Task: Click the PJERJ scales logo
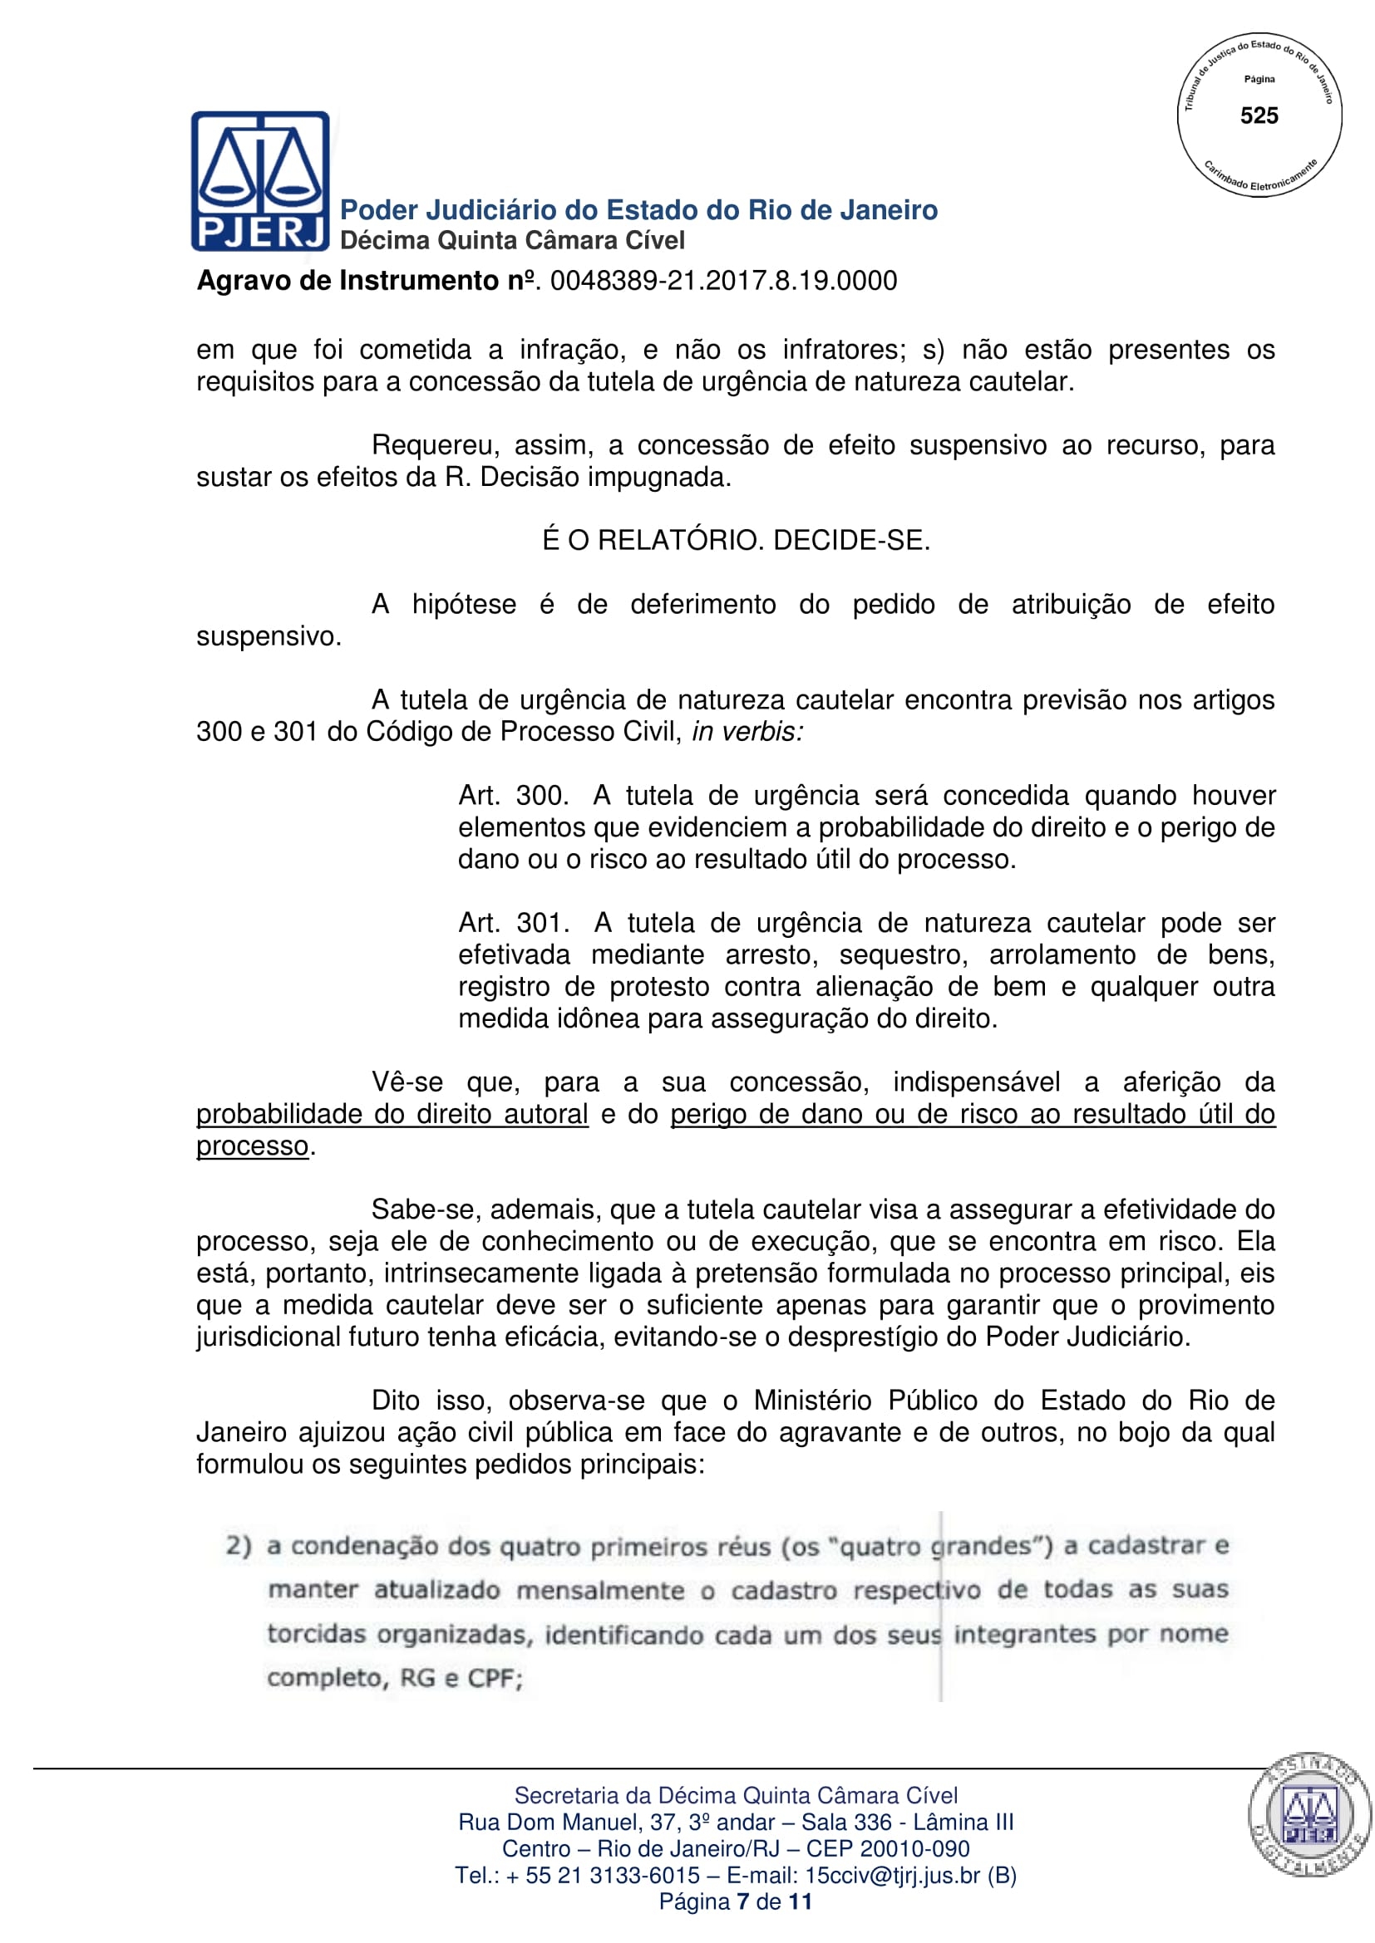pyautogui.click(x=260, y=180)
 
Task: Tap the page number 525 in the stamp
pyautogui.click(x=1258, y=116)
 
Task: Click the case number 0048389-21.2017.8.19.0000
pyautogui.click(x=723, y=281)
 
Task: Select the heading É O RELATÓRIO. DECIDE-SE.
pyautogui.click(x=736, y=540)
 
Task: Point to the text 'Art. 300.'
pyautogui.click(x=511, y=796)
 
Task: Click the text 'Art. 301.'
pyautogui.click(x=512, y=922)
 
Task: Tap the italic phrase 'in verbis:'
pyautogui.click(x=747, y=731)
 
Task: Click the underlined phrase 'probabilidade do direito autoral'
pyautogui.click(x=392, y=1114)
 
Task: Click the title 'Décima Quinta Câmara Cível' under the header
pyautogui.click(x=512, y=241)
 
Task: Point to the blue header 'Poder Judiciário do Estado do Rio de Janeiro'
pyautogui.click(x=638, y=210)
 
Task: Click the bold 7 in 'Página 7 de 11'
pyautogui.click(x=742, y=1901)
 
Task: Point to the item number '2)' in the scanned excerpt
pyautogui.click(x=239, y=1546)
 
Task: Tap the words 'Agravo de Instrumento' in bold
pyautogui.click(x=348, y=281)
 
